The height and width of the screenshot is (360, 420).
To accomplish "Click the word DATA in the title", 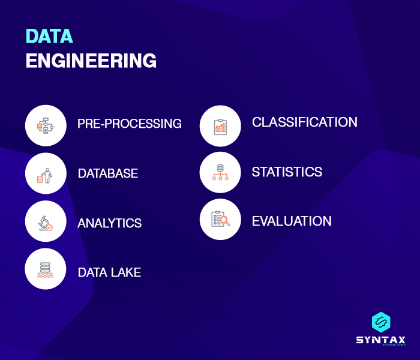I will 49,36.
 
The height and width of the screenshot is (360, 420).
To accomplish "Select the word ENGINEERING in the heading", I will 91,61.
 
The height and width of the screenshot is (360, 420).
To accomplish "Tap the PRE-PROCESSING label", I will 130,124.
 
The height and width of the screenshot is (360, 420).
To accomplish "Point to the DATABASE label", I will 108,173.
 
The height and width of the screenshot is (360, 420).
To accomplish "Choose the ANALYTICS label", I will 110,223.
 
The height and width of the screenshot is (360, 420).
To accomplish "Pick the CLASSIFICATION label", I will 305,122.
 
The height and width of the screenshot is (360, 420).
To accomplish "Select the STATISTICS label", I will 287,172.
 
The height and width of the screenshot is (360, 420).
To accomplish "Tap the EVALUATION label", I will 292,221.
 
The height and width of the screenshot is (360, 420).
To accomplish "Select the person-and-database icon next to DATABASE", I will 46,173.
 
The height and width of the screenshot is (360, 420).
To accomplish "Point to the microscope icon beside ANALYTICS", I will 46,221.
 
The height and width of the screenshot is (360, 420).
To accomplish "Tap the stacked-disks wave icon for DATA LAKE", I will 46,269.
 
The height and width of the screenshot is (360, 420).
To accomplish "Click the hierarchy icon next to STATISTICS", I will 220,172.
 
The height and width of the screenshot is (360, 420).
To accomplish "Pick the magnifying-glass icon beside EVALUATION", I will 220,220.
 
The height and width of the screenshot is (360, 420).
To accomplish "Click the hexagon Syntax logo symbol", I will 381,322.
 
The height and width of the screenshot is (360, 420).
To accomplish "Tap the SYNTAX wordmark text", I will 381,340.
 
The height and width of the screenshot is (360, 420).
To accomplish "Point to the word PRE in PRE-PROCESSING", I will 88,124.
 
